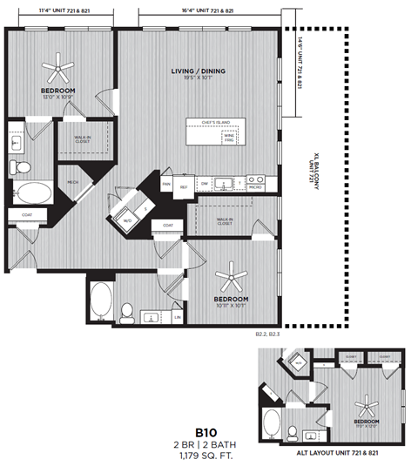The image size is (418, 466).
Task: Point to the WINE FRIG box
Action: (x=230, y=137)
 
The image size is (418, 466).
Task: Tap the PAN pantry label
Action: (x=165, y=185)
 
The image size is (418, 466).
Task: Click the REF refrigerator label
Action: (x=184, y=186)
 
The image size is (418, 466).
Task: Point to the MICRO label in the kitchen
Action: (x=255, y=186)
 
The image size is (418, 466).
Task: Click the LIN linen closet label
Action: (x=177, y=317)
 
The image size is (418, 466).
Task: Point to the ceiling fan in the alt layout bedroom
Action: (x=368, y=402)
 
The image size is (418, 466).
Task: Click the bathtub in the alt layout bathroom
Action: (x=272, y=427)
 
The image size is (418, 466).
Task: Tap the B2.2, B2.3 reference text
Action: (x=268, y=333)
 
